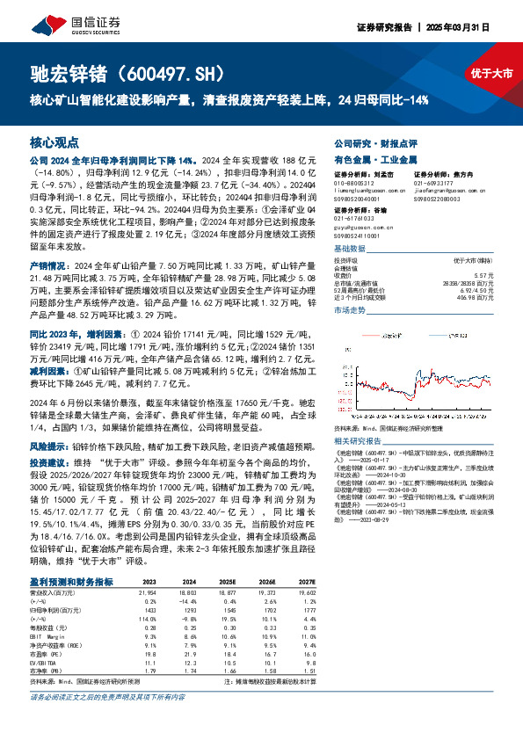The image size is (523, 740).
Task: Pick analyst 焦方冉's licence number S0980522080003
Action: [x=439, y=198]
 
